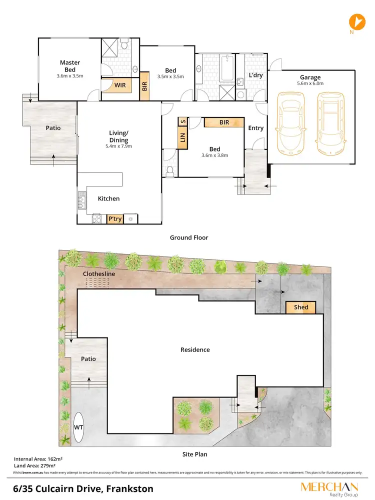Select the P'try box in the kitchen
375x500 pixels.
coord(115,218)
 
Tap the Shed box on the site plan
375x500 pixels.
coord(301,307)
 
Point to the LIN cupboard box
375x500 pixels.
coord(182,138)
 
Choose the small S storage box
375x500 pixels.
coord(182,121)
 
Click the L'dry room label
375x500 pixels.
coord(256,75)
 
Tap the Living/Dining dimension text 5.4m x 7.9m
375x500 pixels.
coord(119,147)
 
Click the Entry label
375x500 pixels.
coord(255,128)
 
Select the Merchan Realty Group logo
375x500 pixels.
coord(328,488)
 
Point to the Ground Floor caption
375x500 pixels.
coord(188,237)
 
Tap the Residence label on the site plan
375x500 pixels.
coord(195,350)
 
